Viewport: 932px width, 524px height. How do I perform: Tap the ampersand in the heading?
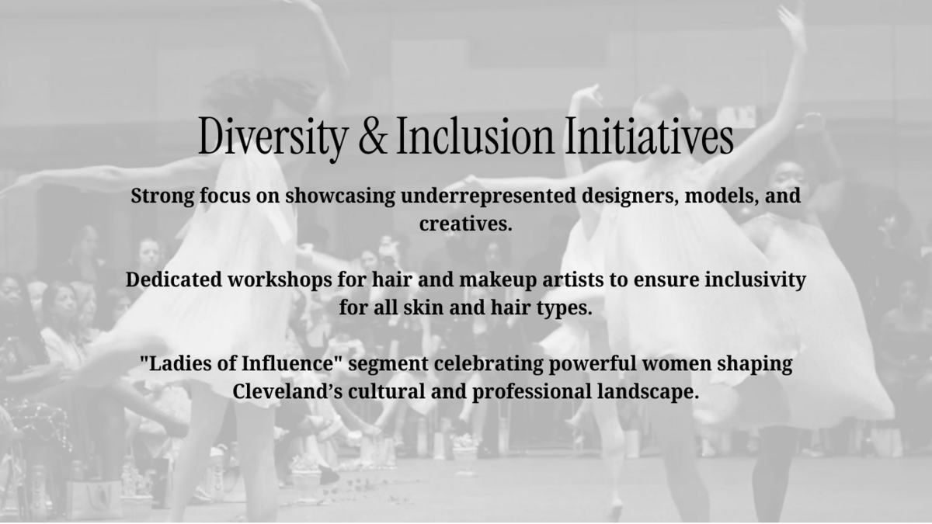(x=372, y=136)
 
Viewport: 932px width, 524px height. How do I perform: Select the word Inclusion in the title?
(x=475, y=136)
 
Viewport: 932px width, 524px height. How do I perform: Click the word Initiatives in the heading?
(x=649, y=136)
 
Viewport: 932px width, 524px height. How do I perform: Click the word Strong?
(x=162, y=196)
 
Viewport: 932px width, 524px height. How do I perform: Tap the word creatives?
(x=465, y=224)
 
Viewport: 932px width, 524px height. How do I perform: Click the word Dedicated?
(x=174, y=279)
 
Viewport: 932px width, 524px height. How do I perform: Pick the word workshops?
(x=280, y=280)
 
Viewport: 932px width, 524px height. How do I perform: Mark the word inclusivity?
(x=755, y=280)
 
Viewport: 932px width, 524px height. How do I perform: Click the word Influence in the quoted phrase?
(x=288, y=363)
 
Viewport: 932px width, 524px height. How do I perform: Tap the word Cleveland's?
(x=287, y=391)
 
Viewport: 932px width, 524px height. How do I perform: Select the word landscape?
(x=649, y=392)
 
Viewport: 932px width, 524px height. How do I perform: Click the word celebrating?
(x=489, y=364)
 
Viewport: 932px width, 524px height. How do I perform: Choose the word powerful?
(x=593, y=364)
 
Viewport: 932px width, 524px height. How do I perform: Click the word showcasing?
(x=340, y=196)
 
